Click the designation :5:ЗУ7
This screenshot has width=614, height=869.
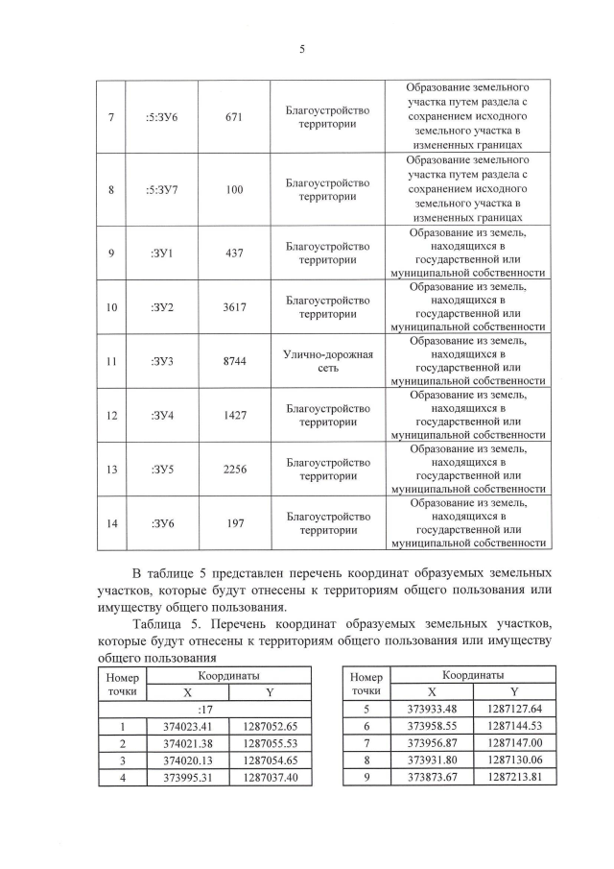[159, 189]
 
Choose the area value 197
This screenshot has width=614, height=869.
[235, 523]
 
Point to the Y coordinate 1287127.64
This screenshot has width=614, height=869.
[515, 711]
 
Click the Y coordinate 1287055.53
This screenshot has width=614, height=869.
[271, 743]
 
